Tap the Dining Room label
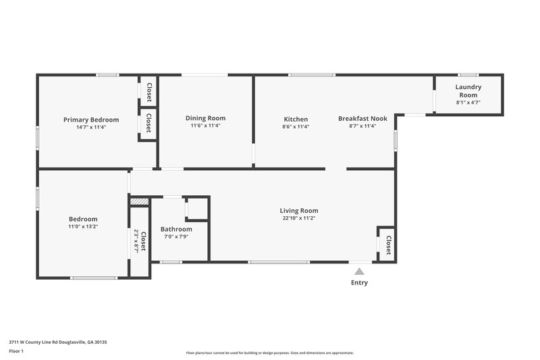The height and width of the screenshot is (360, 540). (x=205, y=118)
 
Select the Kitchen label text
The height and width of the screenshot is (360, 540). (x=296, y=119)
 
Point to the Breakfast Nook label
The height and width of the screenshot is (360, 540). (x=362, y=119)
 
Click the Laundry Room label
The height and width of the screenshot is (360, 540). (x=468, y=91)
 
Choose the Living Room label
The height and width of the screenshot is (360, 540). (x=299, y=211)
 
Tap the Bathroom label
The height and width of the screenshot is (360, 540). (x=176, y=229)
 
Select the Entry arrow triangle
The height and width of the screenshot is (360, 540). (x=359, y=271)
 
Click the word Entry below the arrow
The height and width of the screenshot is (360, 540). (x=359, y=282)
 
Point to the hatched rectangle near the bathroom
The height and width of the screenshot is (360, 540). (x=138, y=201)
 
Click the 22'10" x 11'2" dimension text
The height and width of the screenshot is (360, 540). (x=299, y=218)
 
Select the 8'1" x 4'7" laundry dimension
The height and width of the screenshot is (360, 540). (x=468, y=103)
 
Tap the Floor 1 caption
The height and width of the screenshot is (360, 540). (x=17, y=351)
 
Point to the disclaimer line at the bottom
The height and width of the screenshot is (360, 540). (x=269, y=353)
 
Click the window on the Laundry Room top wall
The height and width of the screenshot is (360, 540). (x=468, y=75)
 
